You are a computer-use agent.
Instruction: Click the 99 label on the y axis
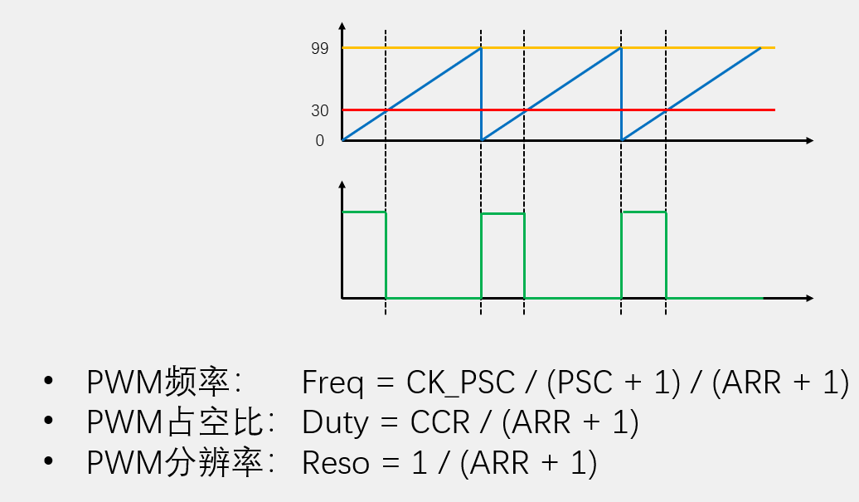click(319, 49)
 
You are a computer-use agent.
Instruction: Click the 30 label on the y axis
click(319, 110)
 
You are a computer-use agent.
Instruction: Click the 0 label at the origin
click(320, 141)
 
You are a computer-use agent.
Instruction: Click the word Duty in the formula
click(335, 422)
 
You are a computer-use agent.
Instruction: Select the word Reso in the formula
click(336, 463)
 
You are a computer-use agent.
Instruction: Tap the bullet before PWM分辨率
click(48, 463)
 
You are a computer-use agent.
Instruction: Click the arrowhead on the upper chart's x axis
click(809, 141)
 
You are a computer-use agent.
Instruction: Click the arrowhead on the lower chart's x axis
click(809, 297)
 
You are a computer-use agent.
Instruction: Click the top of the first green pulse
click(364, 212)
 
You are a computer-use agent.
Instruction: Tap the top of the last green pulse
click(643, 212)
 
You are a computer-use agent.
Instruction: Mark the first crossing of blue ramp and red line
click(386, 110)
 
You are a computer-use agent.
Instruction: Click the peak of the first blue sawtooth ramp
click(481, 48)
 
